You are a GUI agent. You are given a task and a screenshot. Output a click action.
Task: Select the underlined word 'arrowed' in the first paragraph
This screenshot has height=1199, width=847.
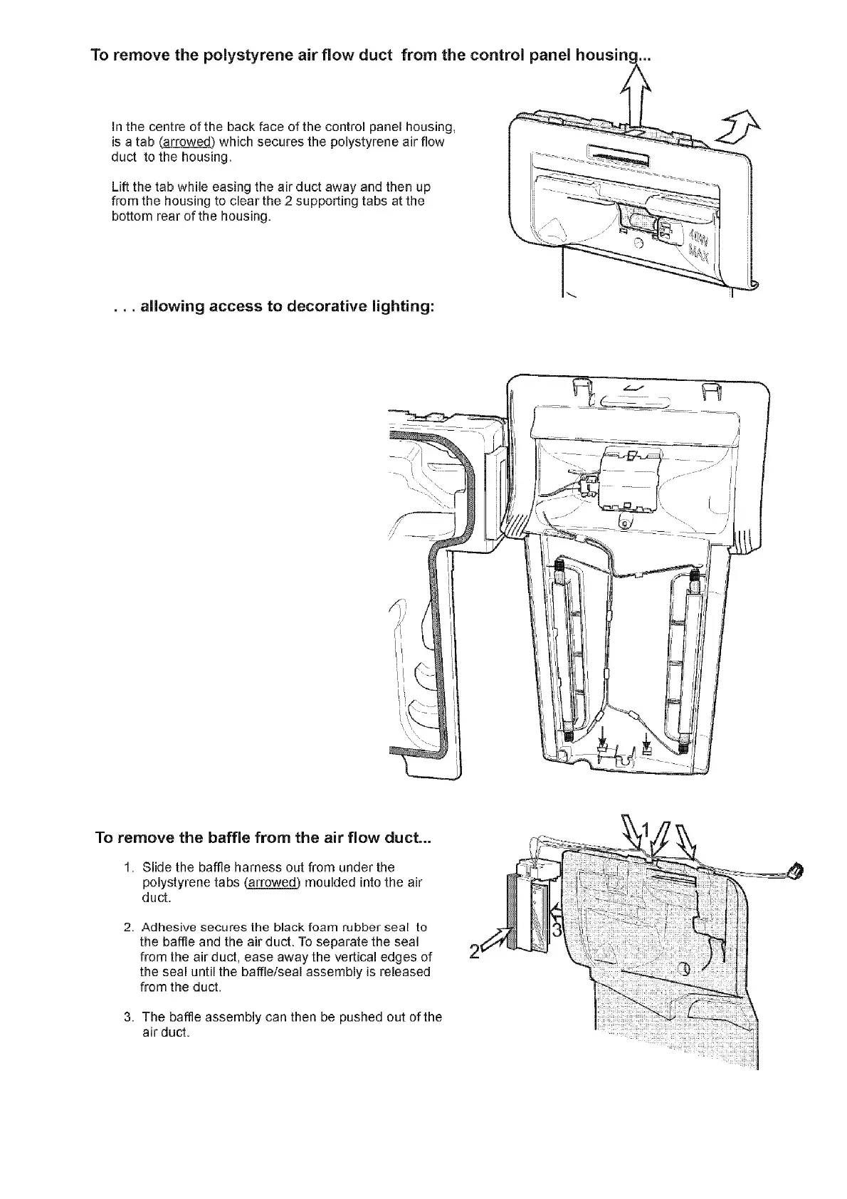[185, 142]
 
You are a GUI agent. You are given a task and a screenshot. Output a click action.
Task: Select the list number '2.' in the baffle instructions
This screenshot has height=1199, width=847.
[128, 928]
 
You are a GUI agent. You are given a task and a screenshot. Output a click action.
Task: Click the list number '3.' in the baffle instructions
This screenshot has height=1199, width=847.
[128, 1017]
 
